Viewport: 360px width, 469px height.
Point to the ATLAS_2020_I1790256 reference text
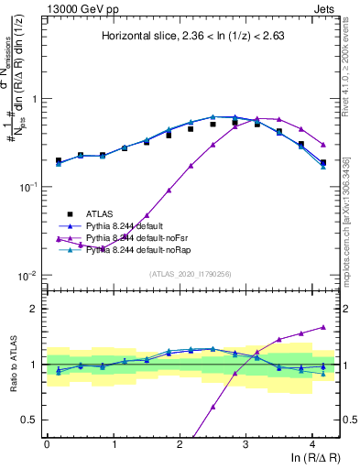[191, 273]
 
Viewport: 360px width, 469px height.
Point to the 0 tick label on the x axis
[47, 443]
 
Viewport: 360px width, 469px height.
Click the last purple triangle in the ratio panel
[323, 327]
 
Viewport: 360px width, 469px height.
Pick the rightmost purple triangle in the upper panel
[323, 145]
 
